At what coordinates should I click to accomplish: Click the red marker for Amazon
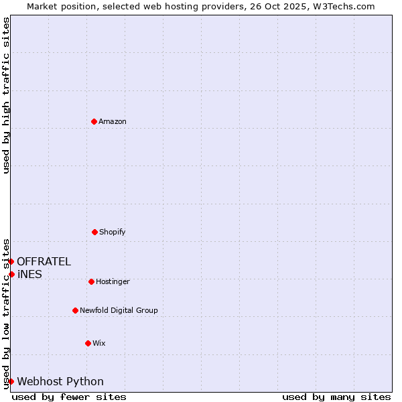(x=94, y=121)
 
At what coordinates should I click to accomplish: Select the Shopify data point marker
(x=94, y=232)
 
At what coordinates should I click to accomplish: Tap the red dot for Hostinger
(x=91, y=281)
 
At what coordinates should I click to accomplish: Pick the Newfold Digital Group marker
(x=75, y=310)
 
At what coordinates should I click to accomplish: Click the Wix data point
(x=88, y=343)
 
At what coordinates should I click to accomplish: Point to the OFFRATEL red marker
(x=11, y=261)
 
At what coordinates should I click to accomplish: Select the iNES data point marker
(x=11, y=274)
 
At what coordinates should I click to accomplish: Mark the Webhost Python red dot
(x=11, y=381)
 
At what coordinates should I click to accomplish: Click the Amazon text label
(x=113, y=121)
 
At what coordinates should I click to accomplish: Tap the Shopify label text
(x=113, y=232)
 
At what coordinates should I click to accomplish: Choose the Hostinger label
(x=113, y=281)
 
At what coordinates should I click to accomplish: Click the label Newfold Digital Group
(x=119, y=310)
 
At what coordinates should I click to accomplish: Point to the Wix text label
(x=99, y=343)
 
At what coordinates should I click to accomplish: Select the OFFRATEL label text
(x=44, y=261)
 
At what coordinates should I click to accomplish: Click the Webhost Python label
(x=60, y=381)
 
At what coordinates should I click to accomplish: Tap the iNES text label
(x=29, y=274)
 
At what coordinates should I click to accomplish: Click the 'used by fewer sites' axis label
(x=69, y=397)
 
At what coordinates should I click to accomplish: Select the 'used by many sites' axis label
(x=336, y=397)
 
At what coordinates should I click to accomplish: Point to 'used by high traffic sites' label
(x=6, y=95)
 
